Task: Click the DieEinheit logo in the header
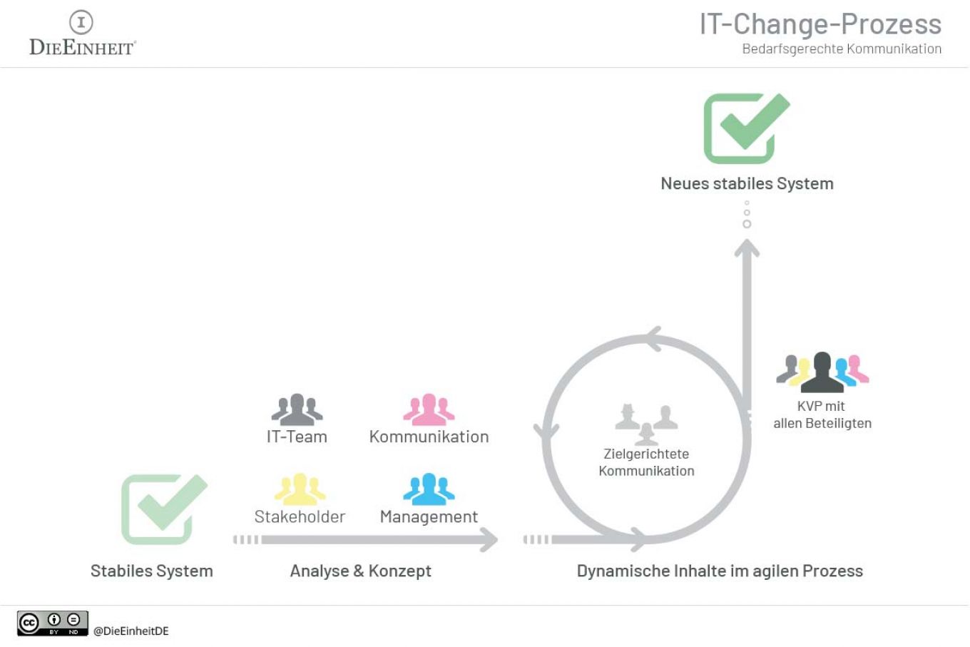tap(81, 34)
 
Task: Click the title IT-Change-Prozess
tap(820, 24)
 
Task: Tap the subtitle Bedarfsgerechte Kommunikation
tap(842, 49)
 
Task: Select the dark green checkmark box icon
tap(745, 128)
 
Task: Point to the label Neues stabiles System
tap(747, 183)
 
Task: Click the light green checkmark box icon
tap(163, 509)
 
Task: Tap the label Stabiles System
tap(151, 571)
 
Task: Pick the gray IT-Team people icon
tap(297, 409)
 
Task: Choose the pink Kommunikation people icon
tap(429, 409)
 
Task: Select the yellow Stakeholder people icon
tap(300, 489)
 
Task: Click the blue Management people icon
tap(429, 489)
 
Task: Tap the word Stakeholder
tap(300, 516)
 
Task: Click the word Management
tap(429, 516)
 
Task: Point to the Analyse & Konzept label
tap(360, 571)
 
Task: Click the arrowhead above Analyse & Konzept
tap(489, 539)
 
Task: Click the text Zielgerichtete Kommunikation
tap(646, 462)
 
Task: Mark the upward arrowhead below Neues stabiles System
tap(747, 248)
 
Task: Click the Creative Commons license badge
tap(53, 623)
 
